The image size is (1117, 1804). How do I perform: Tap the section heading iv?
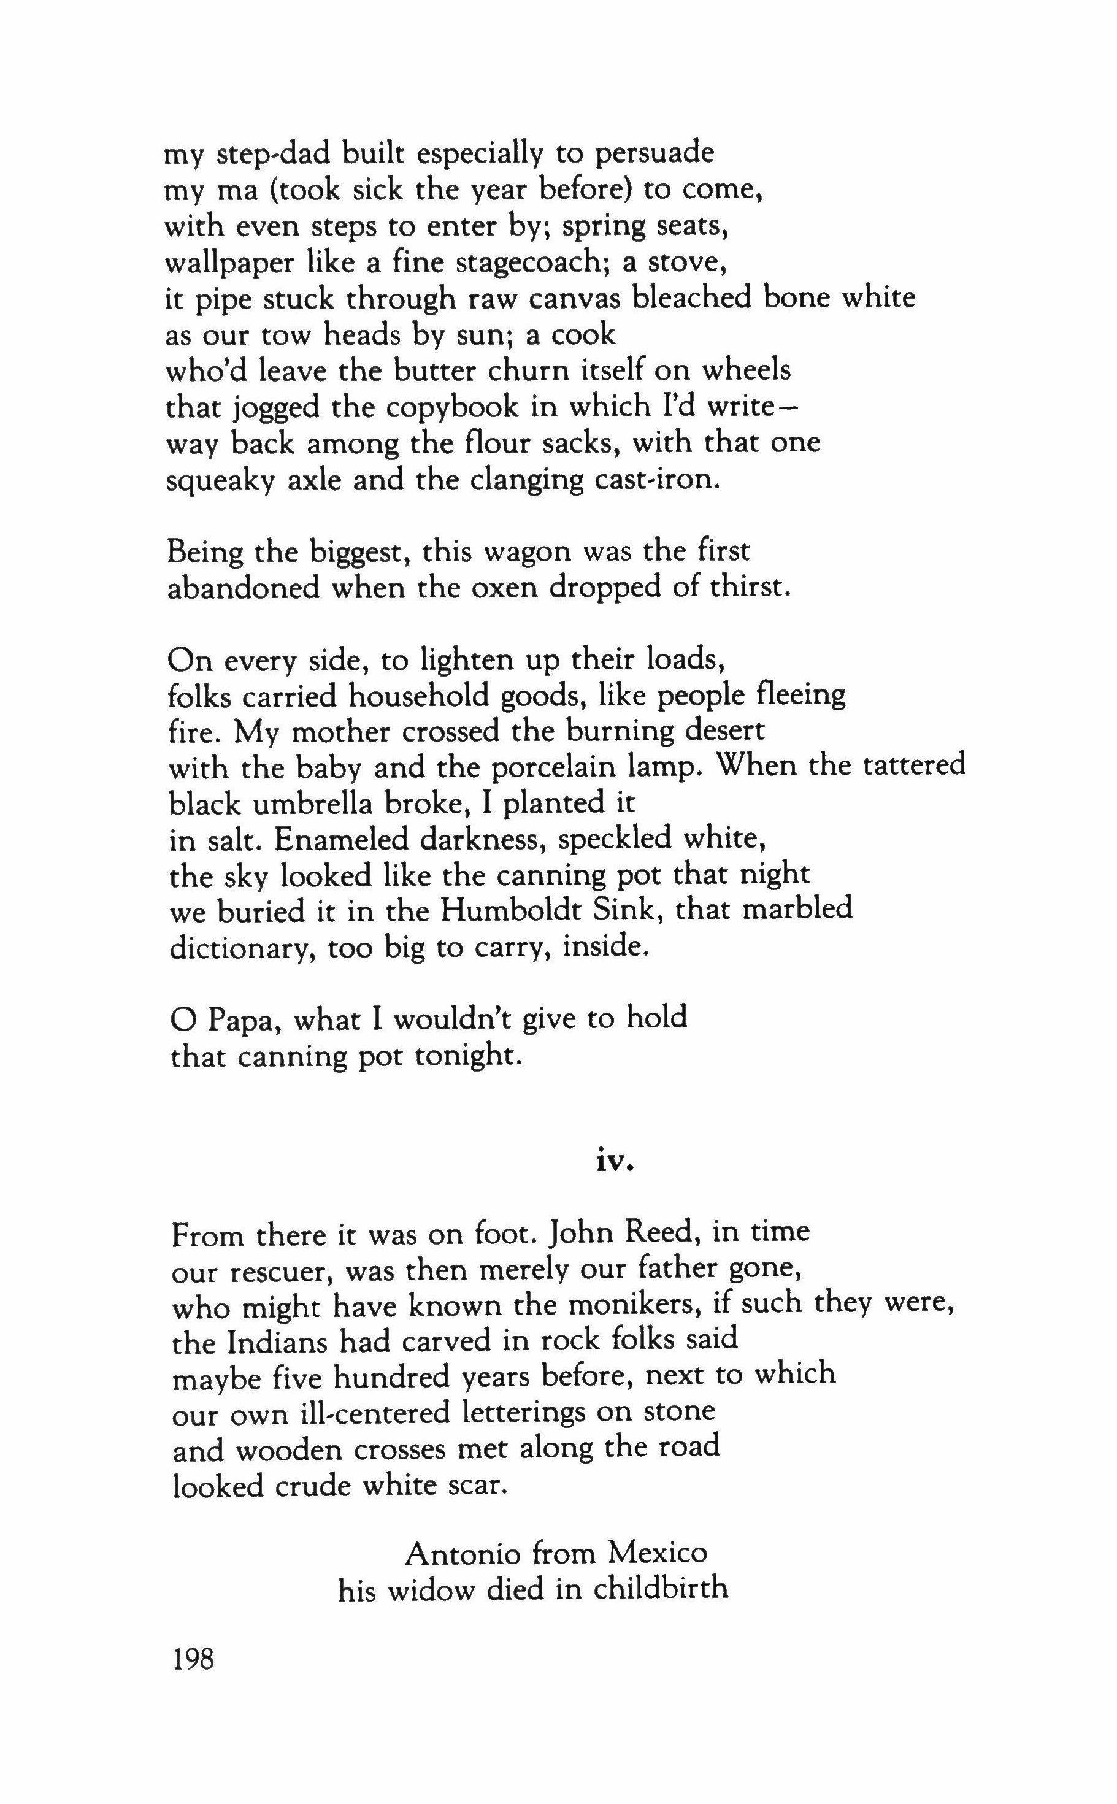click(615, 1161)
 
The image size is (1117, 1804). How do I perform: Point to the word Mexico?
click(657, 1554)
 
